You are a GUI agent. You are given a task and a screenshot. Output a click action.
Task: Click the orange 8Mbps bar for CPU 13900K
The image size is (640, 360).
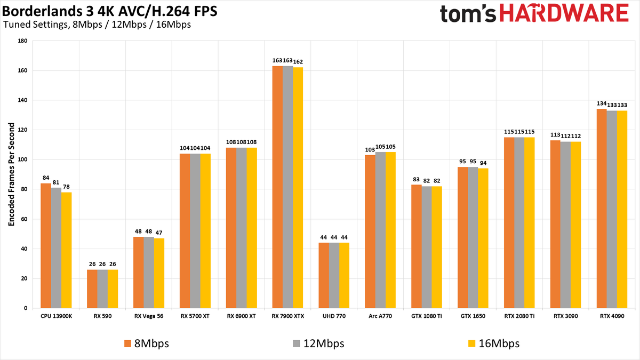coord(46,245)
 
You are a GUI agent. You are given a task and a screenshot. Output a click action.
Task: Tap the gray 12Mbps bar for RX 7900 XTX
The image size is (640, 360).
coord(287,187)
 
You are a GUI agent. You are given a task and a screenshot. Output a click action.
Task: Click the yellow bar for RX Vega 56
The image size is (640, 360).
coord(159,273)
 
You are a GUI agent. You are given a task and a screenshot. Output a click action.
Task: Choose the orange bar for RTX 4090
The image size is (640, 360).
coord(602,209)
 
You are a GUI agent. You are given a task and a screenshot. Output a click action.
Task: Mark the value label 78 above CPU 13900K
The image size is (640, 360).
coord(66,187)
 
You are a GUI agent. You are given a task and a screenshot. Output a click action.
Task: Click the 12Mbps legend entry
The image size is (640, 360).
coord(320,343)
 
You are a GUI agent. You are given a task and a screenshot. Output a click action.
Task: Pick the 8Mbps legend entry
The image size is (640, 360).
coord(147,343)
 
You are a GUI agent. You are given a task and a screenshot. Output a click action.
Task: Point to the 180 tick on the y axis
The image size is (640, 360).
coord(22,41)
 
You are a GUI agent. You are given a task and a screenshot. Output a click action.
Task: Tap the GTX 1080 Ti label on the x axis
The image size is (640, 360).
coord(427,316)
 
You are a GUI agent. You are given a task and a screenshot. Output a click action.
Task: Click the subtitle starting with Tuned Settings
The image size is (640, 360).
coord(97,25)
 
